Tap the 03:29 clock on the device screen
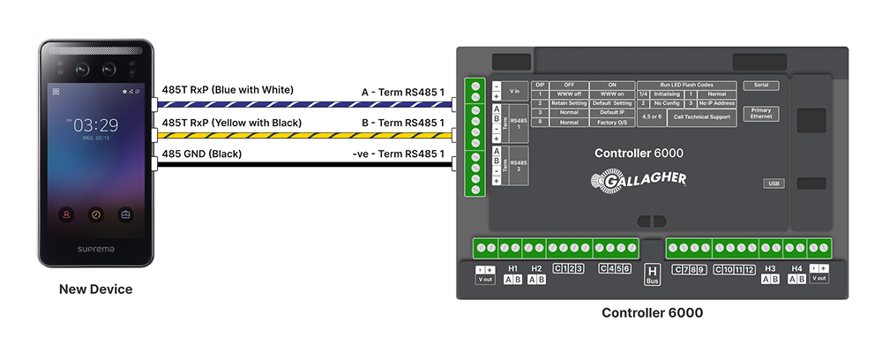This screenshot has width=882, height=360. pos(95,125)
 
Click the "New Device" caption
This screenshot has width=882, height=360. pos(95,289)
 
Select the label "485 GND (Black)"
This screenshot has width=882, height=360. pos(202,154)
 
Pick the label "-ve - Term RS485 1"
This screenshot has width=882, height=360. pos(398,154)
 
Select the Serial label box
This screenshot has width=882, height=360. pos(759,86)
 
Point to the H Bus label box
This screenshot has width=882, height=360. pos(653,274)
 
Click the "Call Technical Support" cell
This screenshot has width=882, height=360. pos(702,116)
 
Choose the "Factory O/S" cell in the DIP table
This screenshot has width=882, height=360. pos(612,123)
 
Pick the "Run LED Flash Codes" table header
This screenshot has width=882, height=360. pos(686,84)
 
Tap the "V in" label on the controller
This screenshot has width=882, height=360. pos(515,90)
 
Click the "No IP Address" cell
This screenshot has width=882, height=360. pos(715,103)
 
